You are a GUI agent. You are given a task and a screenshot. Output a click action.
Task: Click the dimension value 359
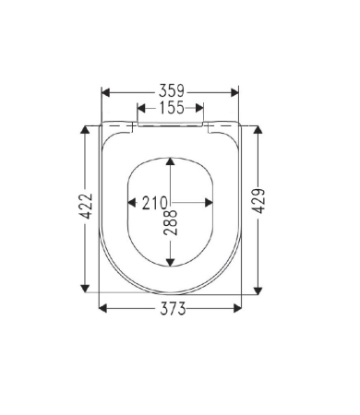(x=172, y=91)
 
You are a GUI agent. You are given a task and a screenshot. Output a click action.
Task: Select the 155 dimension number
(x=172, y=108)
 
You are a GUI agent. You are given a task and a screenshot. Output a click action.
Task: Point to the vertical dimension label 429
(x=258, y=201)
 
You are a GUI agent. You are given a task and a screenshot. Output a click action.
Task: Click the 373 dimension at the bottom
(x=173, y=309)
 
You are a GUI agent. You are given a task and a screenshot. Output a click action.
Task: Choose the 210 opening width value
(x=154, y=203)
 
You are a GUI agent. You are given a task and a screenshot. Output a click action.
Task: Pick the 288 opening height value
(x=171, y=222)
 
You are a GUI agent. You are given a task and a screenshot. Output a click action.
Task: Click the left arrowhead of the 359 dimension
(x=105, y=92)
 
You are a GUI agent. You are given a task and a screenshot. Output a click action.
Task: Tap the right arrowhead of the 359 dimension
(x=234, y=92)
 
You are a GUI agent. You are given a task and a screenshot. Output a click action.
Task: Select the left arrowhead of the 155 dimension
(x=141, y=108)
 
